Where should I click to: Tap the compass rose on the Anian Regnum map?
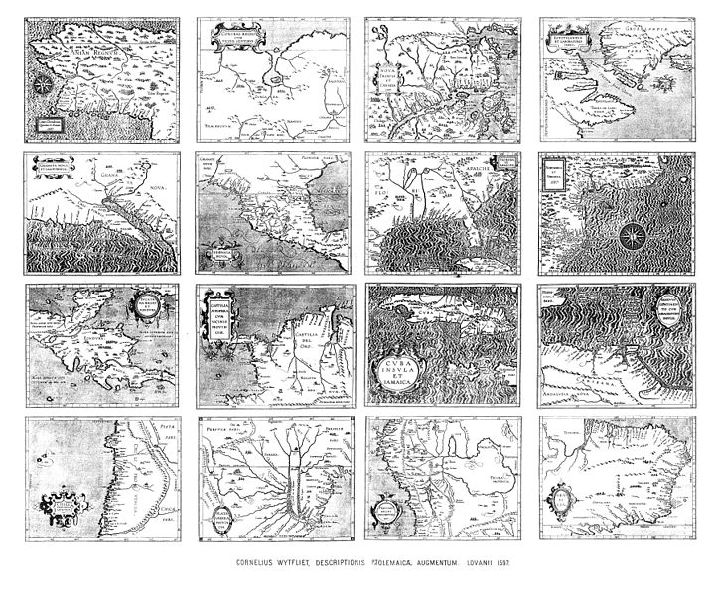click(45, 87)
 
